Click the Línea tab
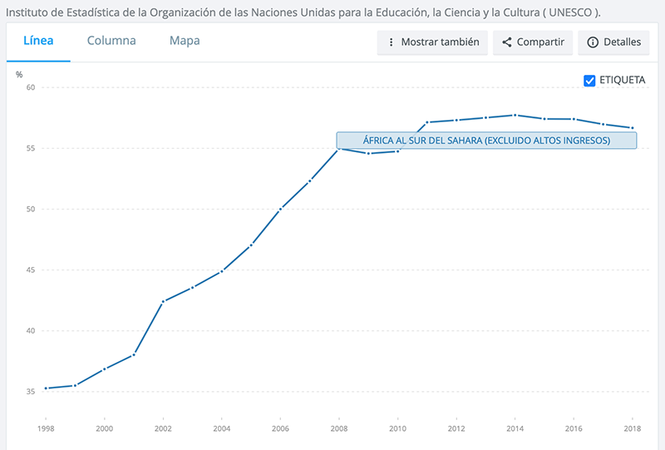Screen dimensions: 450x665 pos(38,41)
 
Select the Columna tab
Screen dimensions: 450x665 pos(111,41)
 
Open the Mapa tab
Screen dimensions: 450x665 pos(184,41)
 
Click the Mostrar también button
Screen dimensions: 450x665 pos(432,42)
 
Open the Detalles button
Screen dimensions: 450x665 pos(613,42)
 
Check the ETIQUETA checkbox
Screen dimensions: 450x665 pos(590,81)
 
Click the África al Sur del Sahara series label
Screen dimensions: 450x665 pos(486,141)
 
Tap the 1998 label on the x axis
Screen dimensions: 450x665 pos(46,428)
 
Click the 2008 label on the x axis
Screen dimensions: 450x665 pos(339,428)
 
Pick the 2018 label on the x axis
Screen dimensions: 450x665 pos(633,428)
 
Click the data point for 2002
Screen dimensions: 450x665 pos(163,301)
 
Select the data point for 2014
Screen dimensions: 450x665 pos(515,115)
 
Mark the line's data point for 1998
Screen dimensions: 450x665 pos(46,388)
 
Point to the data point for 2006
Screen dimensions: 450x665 pos(280,209)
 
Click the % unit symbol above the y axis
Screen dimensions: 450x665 pos(19,75)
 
